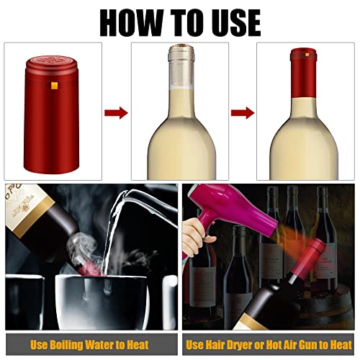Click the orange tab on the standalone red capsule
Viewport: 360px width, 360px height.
[x=53, y=87]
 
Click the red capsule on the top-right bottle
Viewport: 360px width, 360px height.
[x=302, y=64]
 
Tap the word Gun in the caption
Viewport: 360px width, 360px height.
[x=311, y=344]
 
